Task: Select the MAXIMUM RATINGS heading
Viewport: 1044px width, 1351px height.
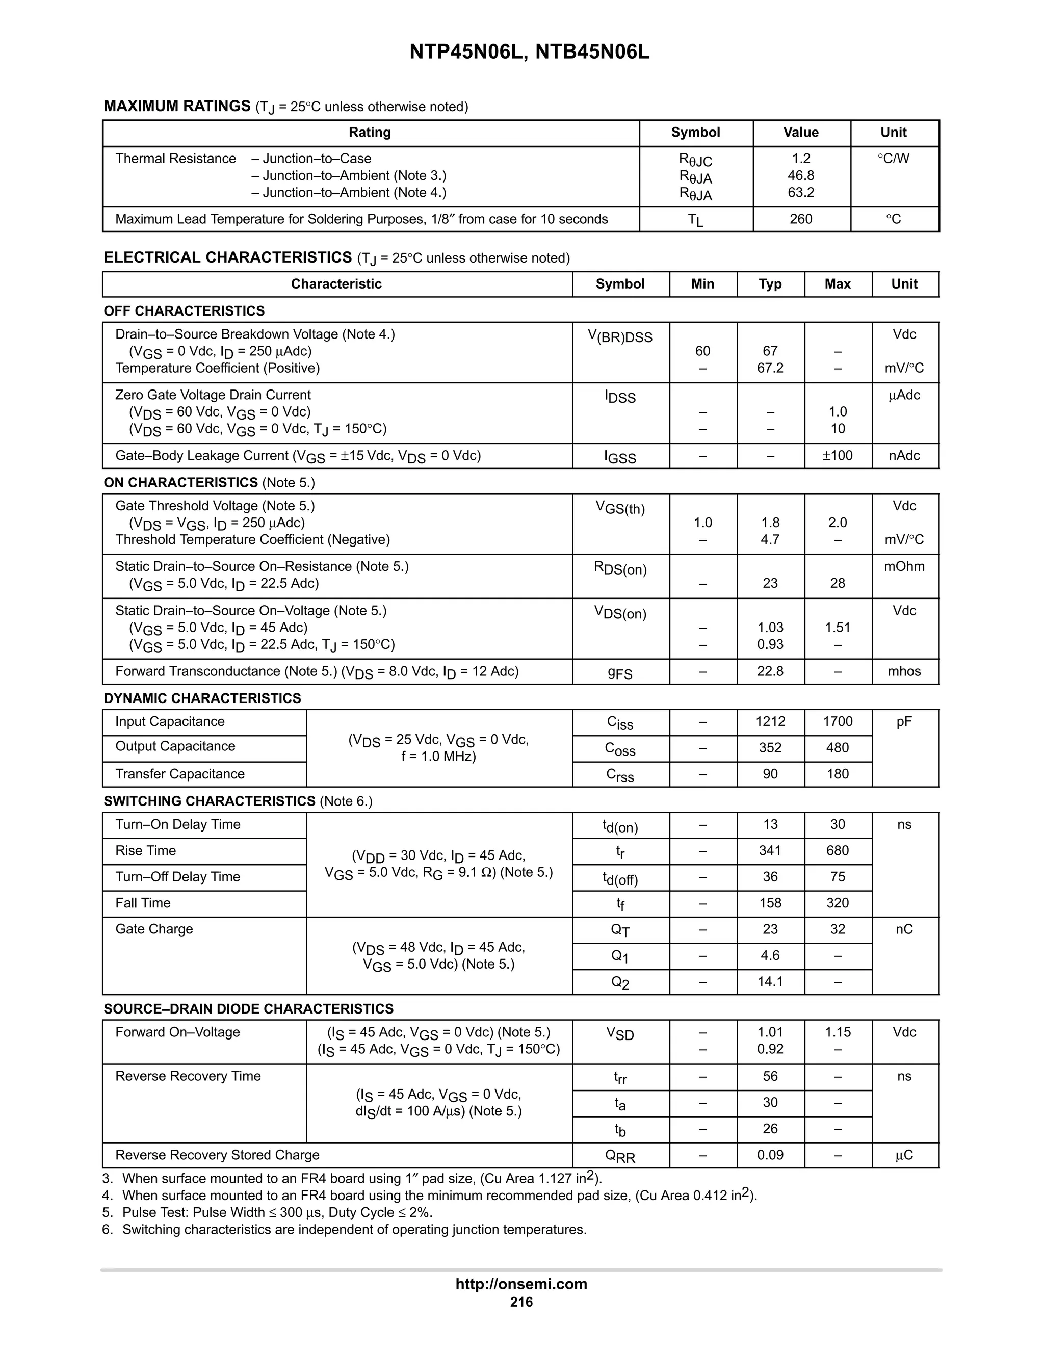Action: (177, 107)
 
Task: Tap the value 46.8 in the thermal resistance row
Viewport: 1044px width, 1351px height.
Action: (800, 176)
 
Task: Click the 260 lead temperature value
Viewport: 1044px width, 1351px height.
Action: (800, 219)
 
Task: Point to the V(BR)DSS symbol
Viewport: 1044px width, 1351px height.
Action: (620, 336)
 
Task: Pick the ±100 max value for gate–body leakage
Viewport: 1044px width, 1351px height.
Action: (837, 456)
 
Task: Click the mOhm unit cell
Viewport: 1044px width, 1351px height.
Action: (904, 566)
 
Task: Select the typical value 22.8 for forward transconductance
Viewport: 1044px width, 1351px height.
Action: (770, 672)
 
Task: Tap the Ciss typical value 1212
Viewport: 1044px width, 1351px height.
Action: (770, 722)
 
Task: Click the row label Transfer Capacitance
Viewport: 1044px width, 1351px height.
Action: (180, 774)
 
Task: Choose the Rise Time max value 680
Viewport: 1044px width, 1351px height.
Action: (837, 851)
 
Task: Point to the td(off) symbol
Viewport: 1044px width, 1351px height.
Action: (620, 878)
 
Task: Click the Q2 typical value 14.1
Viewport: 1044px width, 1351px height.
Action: (770, 982)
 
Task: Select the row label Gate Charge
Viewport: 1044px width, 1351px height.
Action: (154, 929)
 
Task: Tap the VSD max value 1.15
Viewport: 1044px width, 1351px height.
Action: (837, 1032)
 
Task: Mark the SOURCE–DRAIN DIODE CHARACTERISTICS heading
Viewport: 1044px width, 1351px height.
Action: (248, 1009)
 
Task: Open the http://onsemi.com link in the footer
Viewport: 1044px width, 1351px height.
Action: (521, 1284)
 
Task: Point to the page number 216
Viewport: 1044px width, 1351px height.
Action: (521, 1302)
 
